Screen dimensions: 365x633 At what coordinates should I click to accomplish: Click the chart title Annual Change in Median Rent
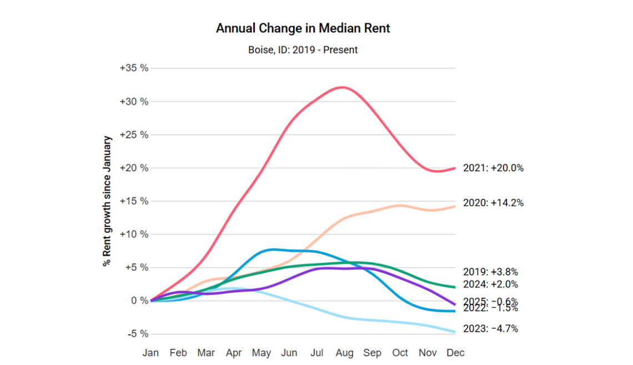303,28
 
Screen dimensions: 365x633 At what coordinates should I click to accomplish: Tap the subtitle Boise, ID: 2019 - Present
303,50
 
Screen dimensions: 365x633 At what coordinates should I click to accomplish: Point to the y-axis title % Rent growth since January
108,201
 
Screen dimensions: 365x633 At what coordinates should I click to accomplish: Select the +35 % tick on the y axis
134,68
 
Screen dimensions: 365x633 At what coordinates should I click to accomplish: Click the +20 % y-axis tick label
134,168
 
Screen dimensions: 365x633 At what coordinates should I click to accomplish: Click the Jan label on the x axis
150,353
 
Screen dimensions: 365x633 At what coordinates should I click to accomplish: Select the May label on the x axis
261,353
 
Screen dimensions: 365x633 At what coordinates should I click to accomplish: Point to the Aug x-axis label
344,353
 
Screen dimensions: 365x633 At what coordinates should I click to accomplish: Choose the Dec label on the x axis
455,353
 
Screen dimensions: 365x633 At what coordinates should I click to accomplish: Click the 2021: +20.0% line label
493,168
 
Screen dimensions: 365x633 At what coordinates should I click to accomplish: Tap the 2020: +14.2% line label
493,203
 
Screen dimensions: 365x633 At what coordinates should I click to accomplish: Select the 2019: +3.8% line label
490,272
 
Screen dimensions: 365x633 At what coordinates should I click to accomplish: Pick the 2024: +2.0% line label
490,284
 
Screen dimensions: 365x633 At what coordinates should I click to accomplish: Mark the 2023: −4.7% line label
490,329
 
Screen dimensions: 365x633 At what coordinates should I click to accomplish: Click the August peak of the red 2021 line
343,87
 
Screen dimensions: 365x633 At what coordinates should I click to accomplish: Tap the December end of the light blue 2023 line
455,332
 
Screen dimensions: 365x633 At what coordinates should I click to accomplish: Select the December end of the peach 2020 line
455,206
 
